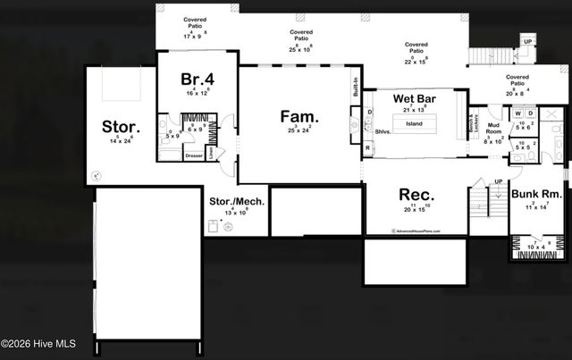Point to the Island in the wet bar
click(414, 123)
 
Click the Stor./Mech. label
click(237, 202)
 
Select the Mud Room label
click(493, 130)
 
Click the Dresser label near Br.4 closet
click(194, 155)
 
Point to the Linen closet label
click(210, 153)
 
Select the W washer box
click(517, 113)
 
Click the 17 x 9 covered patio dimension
click(194, 37)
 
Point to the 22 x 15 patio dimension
click(416, 61)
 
